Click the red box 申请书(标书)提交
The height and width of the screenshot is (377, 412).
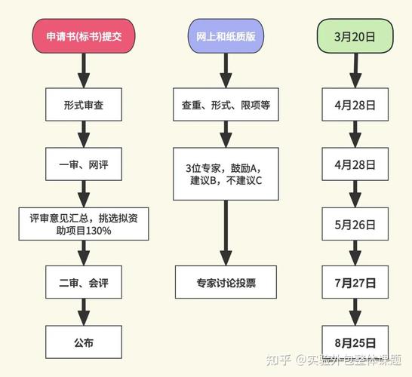coord(84,36)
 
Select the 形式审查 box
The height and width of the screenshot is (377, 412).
coord(84,105)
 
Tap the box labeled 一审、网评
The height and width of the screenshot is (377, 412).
coord(84,165)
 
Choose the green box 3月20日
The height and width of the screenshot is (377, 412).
coord(355,36)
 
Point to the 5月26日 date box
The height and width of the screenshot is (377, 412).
coord(355,224)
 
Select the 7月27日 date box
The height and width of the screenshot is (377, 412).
coord(355,282)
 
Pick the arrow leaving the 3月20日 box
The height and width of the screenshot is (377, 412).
coord(355,69)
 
